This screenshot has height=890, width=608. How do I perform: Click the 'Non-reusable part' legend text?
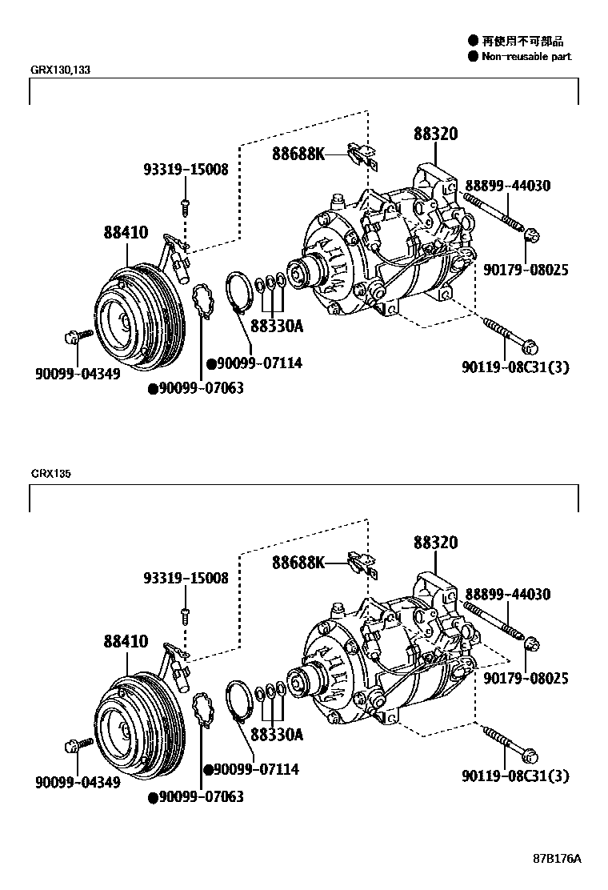point(526,57)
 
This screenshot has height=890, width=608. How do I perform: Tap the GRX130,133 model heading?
point(61,70)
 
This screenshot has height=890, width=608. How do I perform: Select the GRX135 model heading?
point(51,474)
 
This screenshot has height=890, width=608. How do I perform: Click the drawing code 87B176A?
point(557,859)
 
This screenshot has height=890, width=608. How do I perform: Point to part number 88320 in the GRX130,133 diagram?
point(435,134)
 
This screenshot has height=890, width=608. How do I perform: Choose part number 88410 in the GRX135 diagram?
point(125,641)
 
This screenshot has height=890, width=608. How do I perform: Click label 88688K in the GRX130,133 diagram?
point(298,154)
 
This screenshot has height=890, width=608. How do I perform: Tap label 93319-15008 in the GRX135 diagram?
point(186,578)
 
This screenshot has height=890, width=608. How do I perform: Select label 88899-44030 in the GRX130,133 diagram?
point(507,186)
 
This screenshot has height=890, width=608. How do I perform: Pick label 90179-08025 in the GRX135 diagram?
point(526,678)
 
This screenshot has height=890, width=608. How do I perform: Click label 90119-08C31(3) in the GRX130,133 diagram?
point(515,367)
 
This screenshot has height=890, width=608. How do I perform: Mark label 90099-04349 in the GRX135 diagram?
point(78,781)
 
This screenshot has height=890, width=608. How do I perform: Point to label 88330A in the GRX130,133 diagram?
point(277,327)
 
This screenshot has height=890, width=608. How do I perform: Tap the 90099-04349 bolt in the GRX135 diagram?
point(72,746)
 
